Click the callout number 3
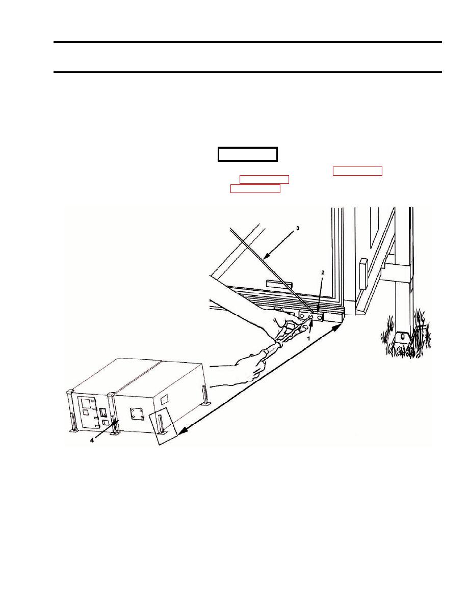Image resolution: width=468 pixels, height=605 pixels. pyautogui.click(x=297, y=229)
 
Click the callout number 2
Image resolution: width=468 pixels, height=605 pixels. pyautogui.click(x=323, y=272)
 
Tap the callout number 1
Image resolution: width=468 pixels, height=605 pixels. pyautogui.click(x=308, y=338)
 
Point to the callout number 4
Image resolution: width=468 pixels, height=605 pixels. pyautogui.click(x=92, y=440)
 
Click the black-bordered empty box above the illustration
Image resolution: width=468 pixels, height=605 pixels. pyautogui.click(x=248, y=154)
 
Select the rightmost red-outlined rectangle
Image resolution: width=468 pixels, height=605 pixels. pyautogui.click(x=357, y=171)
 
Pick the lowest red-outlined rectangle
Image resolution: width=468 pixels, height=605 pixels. pyautogui.click(x=255, y=188)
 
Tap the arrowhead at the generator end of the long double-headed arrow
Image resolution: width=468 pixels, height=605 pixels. pyautogui.click(x=182, y=430)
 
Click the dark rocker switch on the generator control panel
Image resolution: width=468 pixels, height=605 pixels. pyautogui.click(x=103, y=413)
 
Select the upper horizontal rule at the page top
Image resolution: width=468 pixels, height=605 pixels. pyautogui.click(x=248, y=42)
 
